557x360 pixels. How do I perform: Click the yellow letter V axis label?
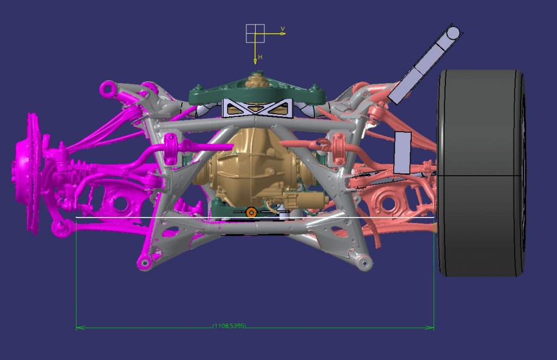pos(283,29)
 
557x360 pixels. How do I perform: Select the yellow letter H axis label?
pos(261,57)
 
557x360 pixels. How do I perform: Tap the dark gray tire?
pos(481,173)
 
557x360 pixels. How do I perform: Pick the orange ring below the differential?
pos(251,212)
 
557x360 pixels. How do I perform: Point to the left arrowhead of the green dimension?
pos(80,327)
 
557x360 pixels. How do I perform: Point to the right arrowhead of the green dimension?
pos(430,327)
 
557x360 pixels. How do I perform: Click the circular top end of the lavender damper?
pos(453,33)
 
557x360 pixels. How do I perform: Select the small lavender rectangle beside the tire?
pos(403,153)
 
